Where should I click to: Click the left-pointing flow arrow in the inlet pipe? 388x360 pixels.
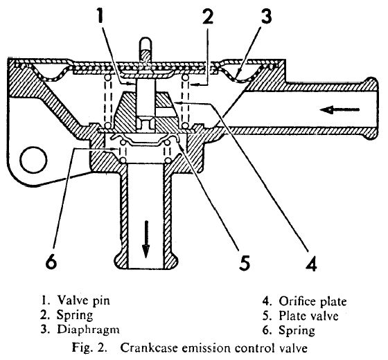click(339, 109)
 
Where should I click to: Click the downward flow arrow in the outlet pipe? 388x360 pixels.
click(146, 240)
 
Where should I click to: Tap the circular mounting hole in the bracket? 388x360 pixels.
click(33, 160)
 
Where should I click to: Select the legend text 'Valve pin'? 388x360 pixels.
click(84, 301)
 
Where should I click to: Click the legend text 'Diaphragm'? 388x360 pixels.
click(89, 330)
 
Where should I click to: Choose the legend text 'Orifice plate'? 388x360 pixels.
click(312, 302)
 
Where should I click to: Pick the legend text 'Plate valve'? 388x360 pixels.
click(308, 316)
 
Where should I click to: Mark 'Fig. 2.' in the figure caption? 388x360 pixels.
click(89, 348)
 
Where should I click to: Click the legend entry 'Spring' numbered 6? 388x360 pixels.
click(297, 330)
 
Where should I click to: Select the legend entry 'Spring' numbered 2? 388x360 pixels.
click(75, 316)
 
